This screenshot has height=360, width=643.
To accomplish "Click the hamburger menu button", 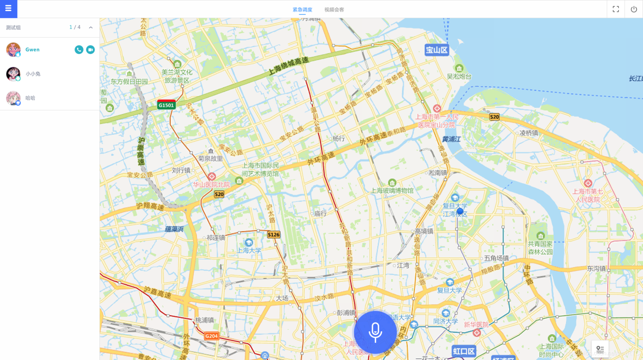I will (x=8, y=9).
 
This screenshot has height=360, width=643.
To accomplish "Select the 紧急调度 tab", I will (x=302, y=10).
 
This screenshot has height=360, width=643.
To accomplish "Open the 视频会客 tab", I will (x=334, y=10).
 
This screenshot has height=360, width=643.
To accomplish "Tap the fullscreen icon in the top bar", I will (x=616, y=9).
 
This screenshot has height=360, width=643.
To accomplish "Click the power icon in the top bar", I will (x=634, y=9).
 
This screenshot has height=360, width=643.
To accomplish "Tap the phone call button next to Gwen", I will (x=79, y=50).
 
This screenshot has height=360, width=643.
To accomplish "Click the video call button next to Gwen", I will (x=91, y=50).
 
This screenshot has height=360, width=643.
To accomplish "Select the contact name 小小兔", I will (x=33, y=74).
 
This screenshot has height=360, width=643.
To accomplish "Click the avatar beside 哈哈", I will (x=13, y=98).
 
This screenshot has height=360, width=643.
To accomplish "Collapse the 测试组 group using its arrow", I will (x=91, y=28).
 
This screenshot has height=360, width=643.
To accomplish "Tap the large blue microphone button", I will (x=375, y=332).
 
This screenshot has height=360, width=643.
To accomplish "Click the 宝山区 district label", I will (x=437, y=50).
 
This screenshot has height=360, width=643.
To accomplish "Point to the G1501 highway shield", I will (x=166, y=105).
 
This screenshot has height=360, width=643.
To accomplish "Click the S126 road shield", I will (x=273, y=235).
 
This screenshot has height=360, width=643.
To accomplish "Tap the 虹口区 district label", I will (x=464, y=351).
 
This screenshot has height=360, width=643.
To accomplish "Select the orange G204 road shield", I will (x=211, y=336).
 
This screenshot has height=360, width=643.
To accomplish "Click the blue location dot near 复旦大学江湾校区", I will (x=460, y=211).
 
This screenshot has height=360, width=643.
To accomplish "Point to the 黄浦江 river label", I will (x=452, y=139).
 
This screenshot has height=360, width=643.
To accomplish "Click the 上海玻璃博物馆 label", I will (x=392, y=191).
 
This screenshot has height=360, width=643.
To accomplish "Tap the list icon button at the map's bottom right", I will (x=600, y=349).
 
